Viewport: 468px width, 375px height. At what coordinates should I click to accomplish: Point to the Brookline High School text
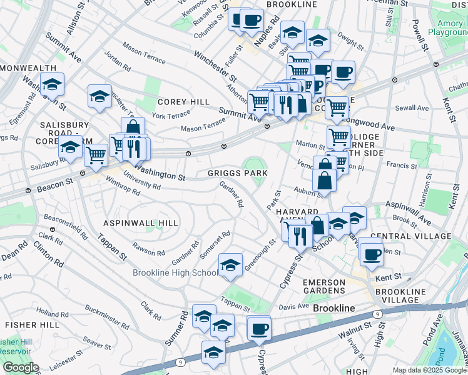coord(175,272)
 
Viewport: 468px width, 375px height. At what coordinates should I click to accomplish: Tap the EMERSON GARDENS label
coord(323,287)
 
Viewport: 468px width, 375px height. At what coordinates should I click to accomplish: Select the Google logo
coord(20,367)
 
